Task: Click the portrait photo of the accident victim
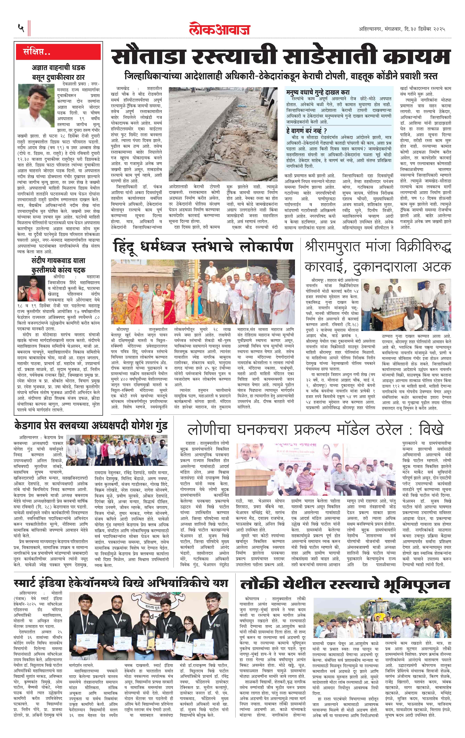point(36,102)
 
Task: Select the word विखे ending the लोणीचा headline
point(431,430)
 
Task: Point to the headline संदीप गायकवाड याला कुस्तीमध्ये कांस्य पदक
point(58,265)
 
